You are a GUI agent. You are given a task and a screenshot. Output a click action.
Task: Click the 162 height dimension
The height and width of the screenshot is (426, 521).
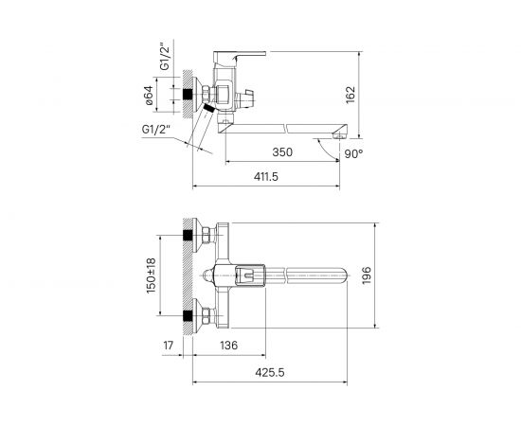pyautogui.click(x=350, y=95)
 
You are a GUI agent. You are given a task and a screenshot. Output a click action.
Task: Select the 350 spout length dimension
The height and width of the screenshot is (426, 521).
pyautogui.click(x=282, y=152)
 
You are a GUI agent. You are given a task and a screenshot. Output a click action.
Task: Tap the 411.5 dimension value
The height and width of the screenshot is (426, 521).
pyautogui.click(x=266, y=177)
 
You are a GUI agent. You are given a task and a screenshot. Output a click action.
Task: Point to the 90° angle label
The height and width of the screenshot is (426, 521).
pyautogui.click(x=353, y=154)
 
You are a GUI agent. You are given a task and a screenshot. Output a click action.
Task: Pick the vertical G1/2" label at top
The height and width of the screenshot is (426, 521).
pyautogui.click(x=165, y=57)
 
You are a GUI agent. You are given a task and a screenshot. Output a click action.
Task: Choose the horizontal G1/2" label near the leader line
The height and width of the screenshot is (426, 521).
pyautogui.click(x=156, y=129)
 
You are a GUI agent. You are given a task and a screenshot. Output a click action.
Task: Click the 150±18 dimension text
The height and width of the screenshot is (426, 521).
pyautogui.click(x=151, y=275)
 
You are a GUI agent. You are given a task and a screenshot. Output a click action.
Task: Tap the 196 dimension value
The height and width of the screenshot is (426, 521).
pyautogui.click(x=367, y=275)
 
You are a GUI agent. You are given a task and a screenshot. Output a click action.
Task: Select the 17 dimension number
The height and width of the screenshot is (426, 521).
pyautogui.click(x=169, y=346)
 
